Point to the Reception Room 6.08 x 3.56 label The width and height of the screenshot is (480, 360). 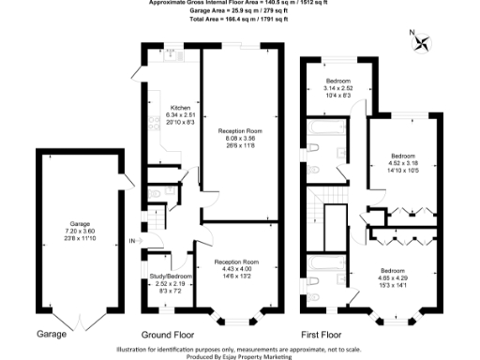(x=240, y=137)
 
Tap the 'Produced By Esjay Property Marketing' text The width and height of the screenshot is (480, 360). (x=240, y=356)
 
